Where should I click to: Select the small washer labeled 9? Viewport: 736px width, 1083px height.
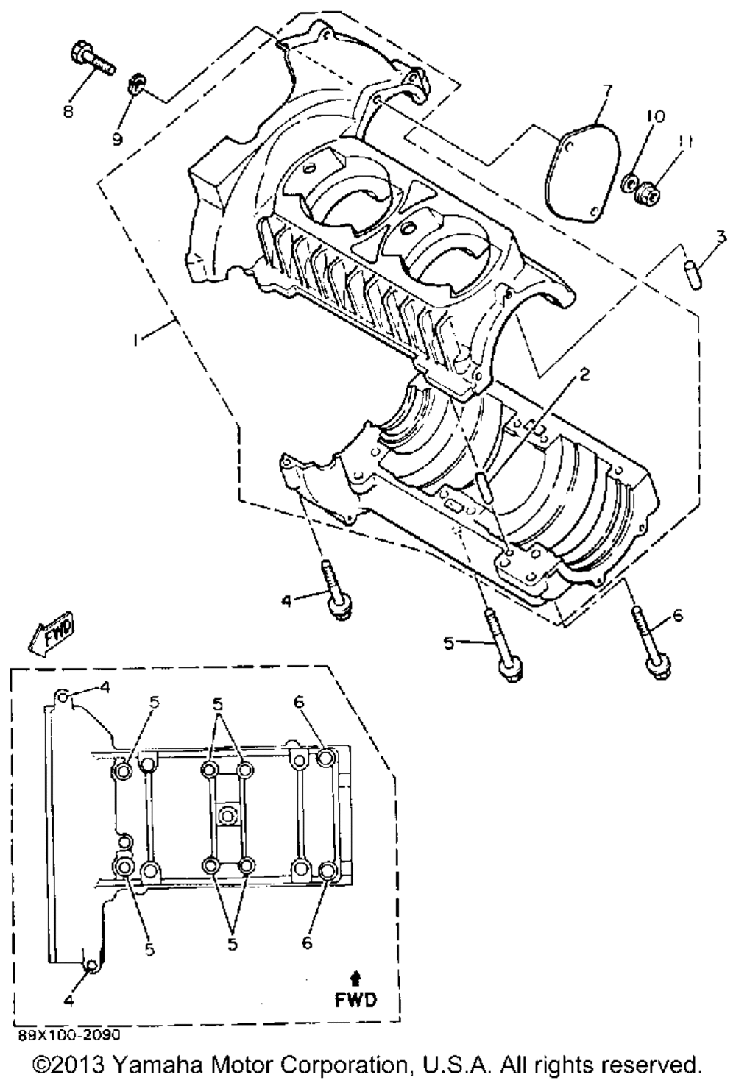[136, 84]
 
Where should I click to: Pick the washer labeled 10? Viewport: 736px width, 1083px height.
[631, 181]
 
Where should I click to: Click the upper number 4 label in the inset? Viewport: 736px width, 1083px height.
[105, 687]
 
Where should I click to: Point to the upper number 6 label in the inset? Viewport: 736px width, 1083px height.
[298, 703]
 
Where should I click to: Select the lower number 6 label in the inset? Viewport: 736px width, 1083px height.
[307, 941]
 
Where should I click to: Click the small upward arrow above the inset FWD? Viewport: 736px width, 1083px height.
[356, 977]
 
